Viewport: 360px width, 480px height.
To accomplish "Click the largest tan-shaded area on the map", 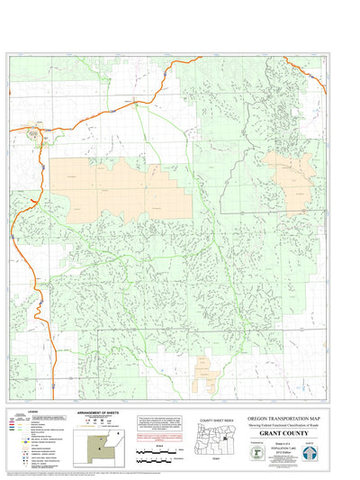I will [121, 188].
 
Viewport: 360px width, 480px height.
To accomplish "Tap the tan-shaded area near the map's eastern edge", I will [289, 172].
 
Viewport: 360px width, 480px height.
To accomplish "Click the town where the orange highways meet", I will [36, 134].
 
